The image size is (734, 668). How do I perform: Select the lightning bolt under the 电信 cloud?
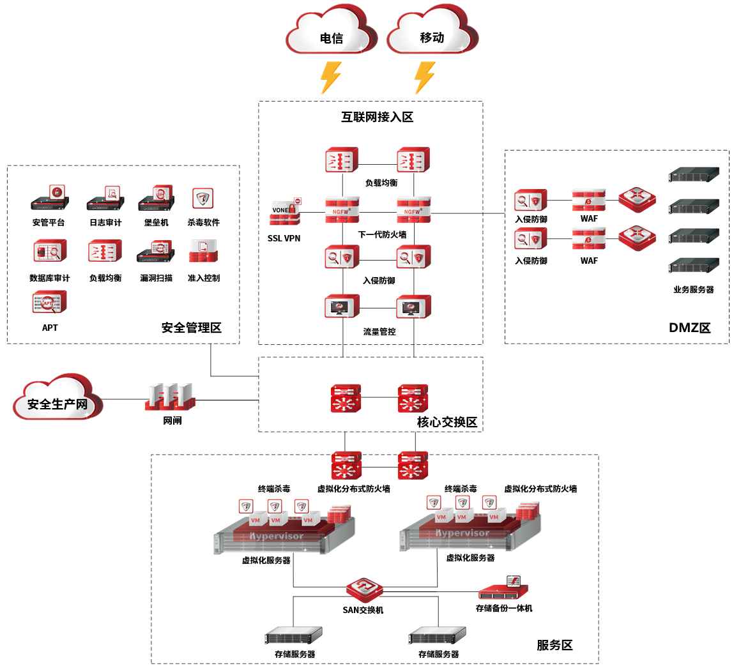pyautogui.click(x=330, y=77)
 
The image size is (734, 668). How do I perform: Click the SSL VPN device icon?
pyautogui.click(x=284, y=211)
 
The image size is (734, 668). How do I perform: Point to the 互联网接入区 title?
pyautogui.click(x=377, y=117)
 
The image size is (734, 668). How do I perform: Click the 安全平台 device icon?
pyautogui.click(x=50, y=199)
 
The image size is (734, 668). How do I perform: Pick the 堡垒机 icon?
pyautogui.click(x=157, y=199)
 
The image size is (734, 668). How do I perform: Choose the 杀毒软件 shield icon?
pyautogui.click(x=203, y=199)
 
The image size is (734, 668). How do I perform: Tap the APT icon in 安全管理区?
pyautogui.click(x=50, y=303)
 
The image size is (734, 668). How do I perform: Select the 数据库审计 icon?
pyautogui.click(x=50, y=252)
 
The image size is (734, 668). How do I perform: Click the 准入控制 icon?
pyautogui.click(x=203, y=252)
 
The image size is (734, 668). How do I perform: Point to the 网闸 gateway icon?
pyautogui.click(x=170, y=397)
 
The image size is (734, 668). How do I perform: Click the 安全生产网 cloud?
pyautogui.click(x=57, y=400)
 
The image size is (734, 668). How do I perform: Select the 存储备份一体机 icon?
pyautogui.click(x=504, y=589)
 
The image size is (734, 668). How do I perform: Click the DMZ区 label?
pyautogui.click(x=689, y=328)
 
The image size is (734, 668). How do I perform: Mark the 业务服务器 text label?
pyautogui.click(x=693, y=289)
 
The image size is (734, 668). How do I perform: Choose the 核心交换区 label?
pyautogui.click(x=447, y=422)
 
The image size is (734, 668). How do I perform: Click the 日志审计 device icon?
pyautogui.click(x=105, y=199)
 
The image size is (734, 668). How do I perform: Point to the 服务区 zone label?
pyautogui.click(x=554, y=645)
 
